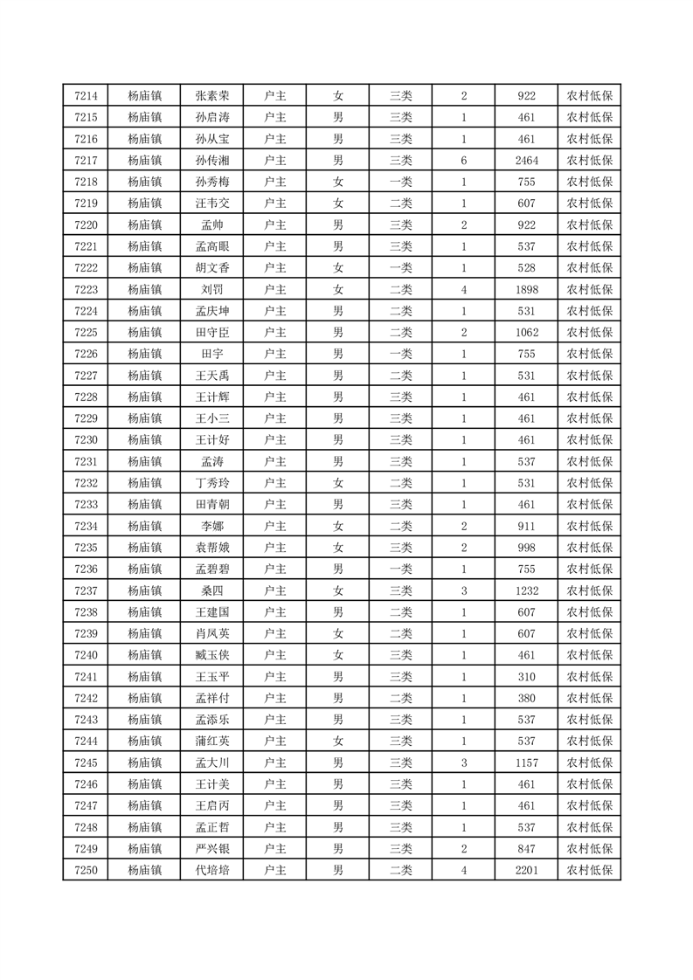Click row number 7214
pos(86,96)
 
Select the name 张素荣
pos(212,96)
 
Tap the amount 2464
pos(526,161)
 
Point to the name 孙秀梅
pos(212,182)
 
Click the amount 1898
pos(526,289)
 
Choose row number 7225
pos(86,332)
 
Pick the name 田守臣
pos(212,332)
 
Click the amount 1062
pos(526,332)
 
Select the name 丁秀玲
pos(212,482)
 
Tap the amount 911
pos(526,525)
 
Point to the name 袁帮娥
pos(212,547)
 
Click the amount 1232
pos(526,590)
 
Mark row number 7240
pos(86,654)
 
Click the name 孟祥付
pos(212,697)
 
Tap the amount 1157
pos(526,762)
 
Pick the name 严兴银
pos(212,847)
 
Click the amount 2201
pos(526,869)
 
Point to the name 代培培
pos(212,869)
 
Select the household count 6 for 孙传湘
pos(463,161)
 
